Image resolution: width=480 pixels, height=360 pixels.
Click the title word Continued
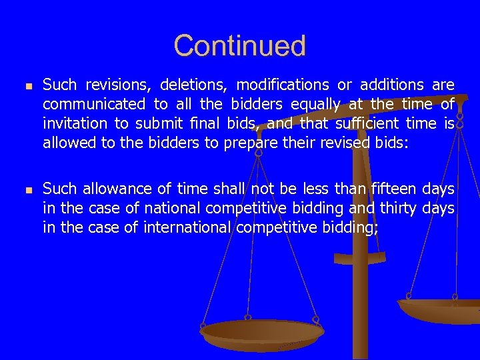click(240, 46)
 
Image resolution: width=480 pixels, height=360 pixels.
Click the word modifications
click(283, 85)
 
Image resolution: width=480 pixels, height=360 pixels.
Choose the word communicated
click(94, 105)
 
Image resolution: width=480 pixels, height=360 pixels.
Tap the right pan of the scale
click(440, 310)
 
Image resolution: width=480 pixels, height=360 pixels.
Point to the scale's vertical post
click(361, 307)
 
